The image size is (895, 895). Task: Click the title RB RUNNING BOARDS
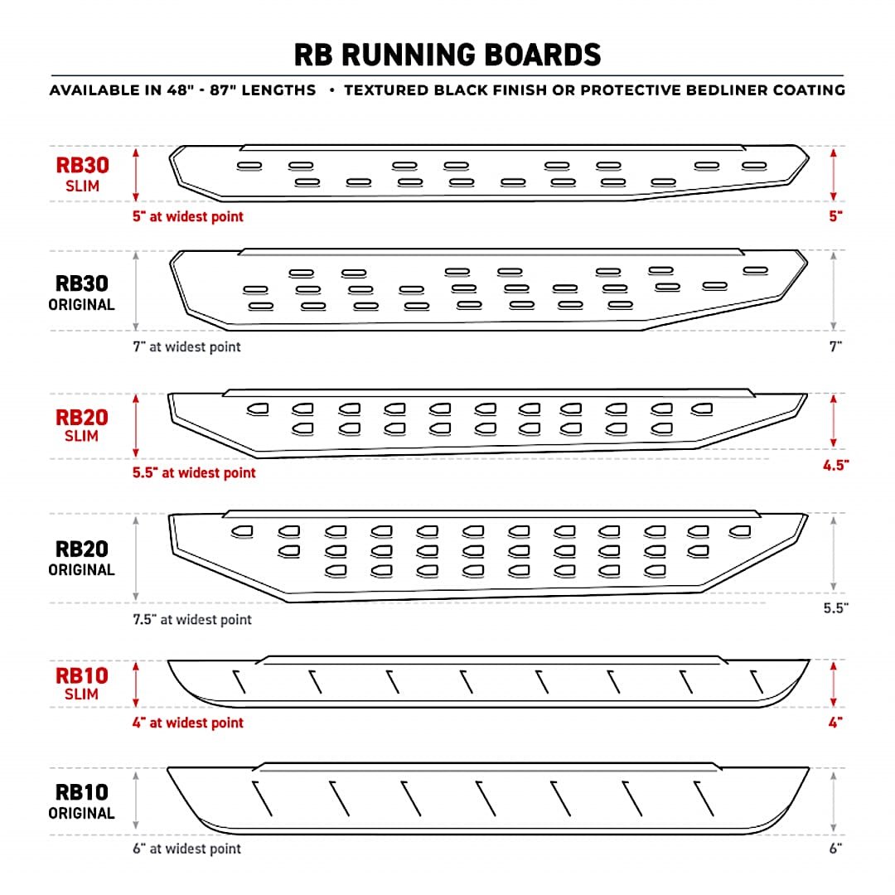click(447, 55)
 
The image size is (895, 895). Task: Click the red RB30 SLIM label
click(83, 173)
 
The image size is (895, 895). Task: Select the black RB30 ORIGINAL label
click(82, 293)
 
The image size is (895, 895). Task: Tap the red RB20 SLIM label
click(82, 424)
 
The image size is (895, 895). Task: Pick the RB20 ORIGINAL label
click(82, 558)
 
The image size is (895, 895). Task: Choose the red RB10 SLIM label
click(82, 683)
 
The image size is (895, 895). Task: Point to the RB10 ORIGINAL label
click(82, 801)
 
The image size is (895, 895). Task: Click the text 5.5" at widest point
click(195, 473)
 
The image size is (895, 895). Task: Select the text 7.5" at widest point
click(192, 619)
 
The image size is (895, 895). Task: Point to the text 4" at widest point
click(188, 723)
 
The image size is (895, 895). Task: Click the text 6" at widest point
click(186, 849)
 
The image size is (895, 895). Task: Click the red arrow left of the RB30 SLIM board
click(136, 174)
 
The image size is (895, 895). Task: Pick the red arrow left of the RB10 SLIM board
click(136, 684)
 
